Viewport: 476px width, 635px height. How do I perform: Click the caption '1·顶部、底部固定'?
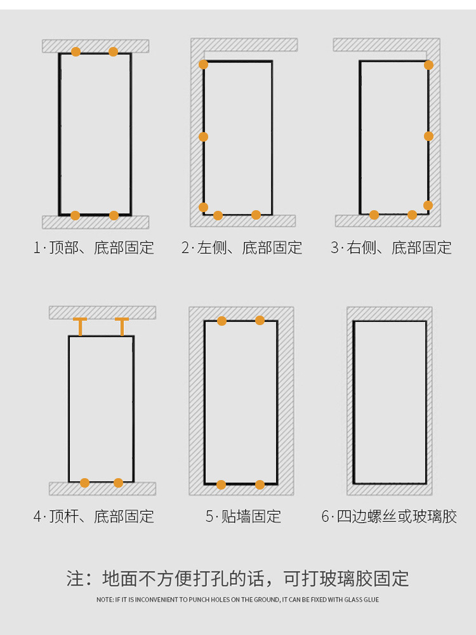94,248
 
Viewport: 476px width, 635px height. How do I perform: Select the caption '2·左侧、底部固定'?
242,248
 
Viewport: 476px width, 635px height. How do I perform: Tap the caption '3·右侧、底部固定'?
391,248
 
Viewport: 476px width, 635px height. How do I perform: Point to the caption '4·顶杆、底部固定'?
94,516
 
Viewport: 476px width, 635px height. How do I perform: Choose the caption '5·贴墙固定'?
243,516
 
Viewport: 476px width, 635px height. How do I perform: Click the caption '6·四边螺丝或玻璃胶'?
389,516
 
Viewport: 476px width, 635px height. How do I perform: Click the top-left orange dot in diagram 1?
76,51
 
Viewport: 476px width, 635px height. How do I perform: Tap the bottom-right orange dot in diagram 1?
114,215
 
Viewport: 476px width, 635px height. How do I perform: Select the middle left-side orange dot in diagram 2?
203,137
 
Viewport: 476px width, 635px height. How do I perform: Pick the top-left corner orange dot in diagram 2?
203,64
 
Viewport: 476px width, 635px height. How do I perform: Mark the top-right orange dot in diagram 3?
428,65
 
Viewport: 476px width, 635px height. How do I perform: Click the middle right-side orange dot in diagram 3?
428,136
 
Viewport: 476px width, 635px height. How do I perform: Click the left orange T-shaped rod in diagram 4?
80,326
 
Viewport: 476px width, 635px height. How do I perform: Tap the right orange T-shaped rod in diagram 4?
122,326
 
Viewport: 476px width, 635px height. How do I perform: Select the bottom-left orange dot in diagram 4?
84,483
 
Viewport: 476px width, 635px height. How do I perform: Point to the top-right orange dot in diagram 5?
260,320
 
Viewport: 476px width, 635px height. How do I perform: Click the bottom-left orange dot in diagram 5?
221,485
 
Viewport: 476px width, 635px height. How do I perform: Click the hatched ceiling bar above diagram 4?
102,312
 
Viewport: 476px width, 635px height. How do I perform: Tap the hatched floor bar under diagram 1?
95,222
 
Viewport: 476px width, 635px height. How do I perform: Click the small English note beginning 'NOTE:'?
238,599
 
